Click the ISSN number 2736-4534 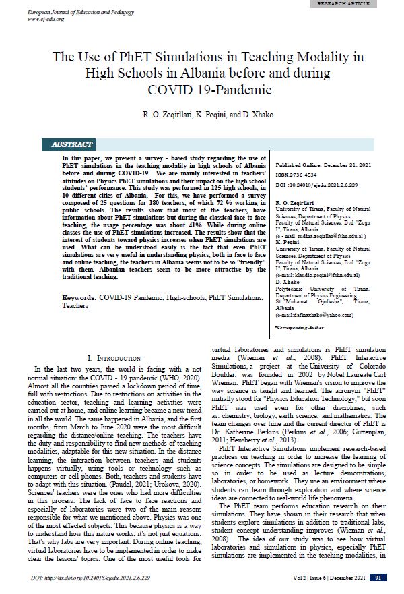pyautogui.click(x=314, y=173)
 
